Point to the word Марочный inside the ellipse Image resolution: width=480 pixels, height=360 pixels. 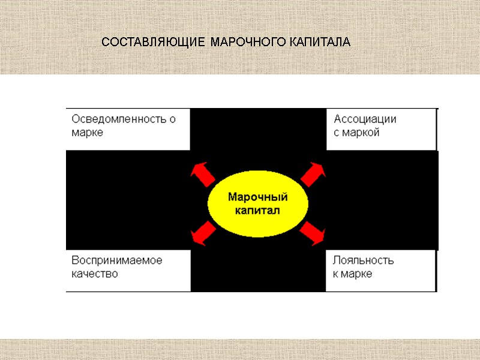pyautogui.click(x=258, y=197)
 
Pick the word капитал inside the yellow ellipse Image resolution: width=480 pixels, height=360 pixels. pyautogui.click(x=258, y=211)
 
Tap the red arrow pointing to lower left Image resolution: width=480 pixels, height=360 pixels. pyautogui.click(x=202, y=233)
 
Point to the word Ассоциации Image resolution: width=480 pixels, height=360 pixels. pyautogui.click(x=365, y=119)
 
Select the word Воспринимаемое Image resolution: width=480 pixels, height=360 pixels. pyautogui.click(x=117, y=260)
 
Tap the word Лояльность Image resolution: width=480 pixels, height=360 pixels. pyautogui.click(x=364, y=260)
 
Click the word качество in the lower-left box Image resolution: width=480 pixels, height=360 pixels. pyautogui.click(x=95, y=274)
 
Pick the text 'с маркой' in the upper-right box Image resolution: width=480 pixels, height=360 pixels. pyautogui.click(x=356, y=133)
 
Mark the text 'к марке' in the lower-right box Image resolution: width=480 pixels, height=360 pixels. pyautogui.click(x=353, y=274)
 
